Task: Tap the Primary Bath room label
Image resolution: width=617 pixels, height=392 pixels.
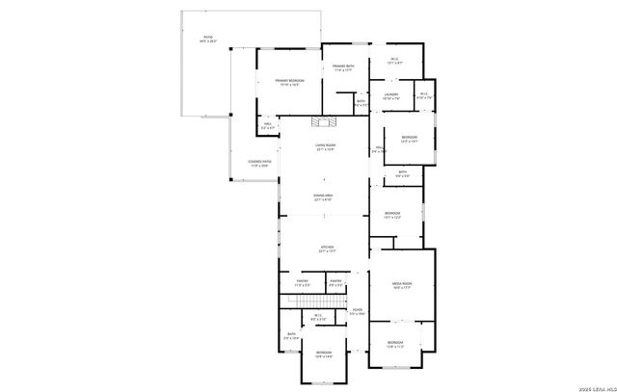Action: coord(344,65)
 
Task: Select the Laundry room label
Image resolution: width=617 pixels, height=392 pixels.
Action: coord(390,93)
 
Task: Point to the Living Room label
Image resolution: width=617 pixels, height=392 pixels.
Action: coord(325,144)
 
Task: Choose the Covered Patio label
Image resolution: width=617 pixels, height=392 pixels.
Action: coord(259,161)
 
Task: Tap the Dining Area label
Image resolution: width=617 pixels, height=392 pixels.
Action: coord(324,195)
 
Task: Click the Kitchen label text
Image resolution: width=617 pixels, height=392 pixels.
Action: coord(327,247)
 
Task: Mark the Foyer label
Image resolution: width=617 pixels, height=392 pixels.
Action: coord(357,309)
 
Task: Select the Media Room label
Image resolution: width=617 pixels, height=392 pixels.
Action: coord(401,283)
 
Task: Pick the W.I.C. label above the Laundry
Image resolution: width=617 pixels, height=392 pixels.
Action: coord(394,59)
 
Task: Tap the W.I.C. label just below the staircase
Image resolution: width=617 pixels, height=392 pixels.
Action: coord(318,315)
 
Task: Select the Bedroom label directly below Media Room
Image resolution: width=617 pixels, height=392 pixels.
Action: coord(395,342)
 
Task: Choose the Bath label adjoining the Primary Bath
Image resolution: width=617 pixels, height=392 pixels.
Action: coord(361,100)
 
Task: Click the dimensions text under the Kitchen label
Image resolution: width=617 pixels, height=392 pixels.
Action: coord(327,251)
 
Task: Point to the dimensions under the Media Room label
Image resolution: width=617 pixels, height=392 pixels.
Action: coord(401,287)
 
